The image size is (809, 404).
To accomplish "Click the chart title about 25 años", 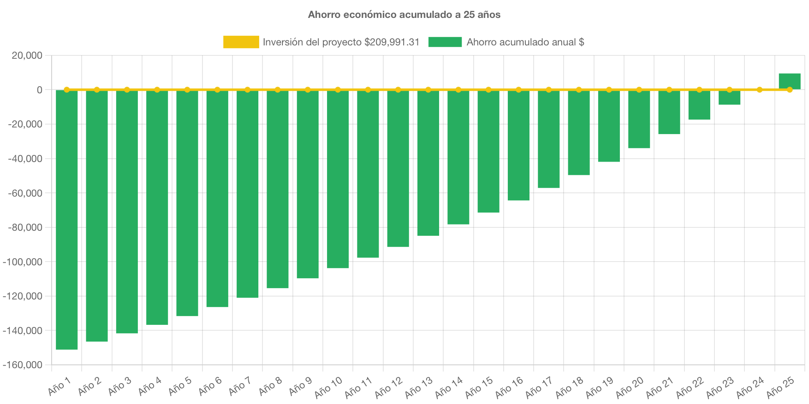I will point(404,15).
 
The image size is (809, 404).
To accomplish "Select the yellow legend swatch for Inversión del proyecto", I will point(241,42).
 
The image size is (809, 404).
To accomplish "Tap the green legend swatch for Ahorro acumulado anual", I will point(445,42).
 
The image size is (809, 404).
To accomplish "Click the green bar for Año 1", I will point(67,220).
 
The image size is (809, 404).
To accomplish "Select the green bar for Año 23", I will point(729,98).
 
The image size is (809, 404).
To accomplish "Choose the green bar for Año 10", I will point(338,179).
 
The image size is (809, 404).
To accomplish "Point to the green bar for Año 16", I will point(519,145).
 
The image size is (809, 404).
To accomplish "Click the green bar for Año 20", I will point(639,119).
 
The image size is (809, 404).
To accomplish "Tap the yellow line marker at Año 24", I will point(759,90).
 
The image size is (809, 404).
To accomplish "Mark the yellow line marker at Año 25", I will point(789,90).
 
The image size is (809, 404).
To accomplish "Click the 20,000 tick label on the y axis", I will point(27,55).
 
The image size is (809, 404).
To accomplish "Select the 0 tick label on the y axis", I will point(40,90).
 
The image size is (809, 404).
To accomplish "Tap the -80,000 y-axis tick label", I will point(25,227).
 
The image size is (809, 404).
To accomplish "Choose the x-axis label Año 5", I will point(180,386).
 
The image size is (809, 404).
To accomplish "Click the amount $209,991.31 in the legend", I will point(392,42).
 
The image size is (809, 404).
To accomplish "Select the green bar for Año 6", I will point(217,199).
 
